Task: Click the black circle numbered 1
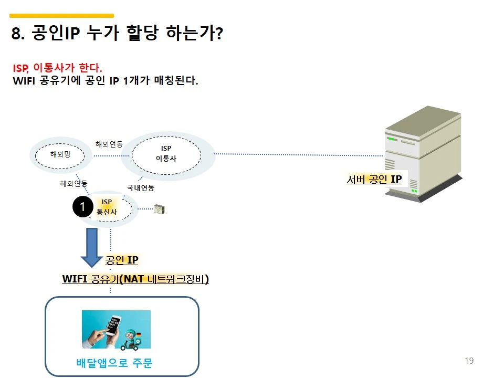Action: (x=82, y=207)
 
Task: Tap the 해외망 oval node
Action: (x=60, y=154)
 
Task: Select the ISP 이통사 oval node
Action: (x=166, y=153)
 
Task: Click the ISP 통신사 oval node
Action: (x=107, y=207)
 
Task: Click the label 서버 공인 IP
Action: (x=374, y=180)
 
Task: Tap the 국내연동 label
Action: (x=140, y=187)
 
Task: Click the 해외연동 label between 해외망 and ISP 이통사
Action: (x=109, y=144)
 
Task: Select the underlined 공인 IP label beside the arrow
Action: (x=122, y=260)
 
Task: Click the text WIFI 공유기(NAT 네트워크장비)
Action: (x=135, y=279)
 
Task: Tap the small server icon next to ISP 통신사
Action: (x=160, y=209)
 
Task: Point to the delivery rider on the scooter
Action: (x=131, y=339)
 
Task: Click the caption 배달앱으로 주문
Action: (x=114, y=363)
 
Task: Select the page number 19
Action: (x=469, y=361)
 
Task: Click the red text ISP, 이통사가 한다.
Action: (x=58, y=68)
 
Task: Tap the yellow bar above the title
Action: (x=61, y=16)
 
